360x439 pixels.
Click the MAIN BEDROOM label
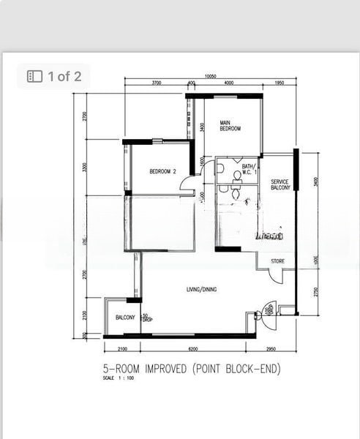click(x=230, y=125)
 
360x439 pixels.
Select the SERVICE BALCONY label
click(x=280, y=184)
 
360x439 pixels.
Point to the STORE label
click(x=277, y=260)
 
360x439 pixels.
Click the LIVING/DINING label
click(x=201, y=290)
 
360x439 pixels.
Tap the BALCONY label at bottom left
click(x=125, y=317)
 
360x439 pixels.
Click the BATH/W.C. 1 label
click(x=248, y=169)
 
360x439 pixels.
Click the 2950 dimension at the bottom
click(x=270, y=349)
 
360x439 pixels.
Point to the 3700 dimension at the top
click(x=157, y=83)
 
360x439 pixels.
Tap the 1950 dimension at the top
click(x=279, y=83)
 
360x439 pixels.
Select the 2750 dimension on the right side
click(x=316, y=291)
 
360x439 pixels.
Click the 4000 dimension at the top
click(x=228, y=83)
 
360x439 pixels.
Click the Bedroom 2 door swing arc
click(x=187, y=186)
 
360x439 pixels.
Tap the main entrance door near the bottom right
click(x=267, y=310)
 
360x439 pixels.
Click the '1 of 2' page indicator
click(x=54, y=76)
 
